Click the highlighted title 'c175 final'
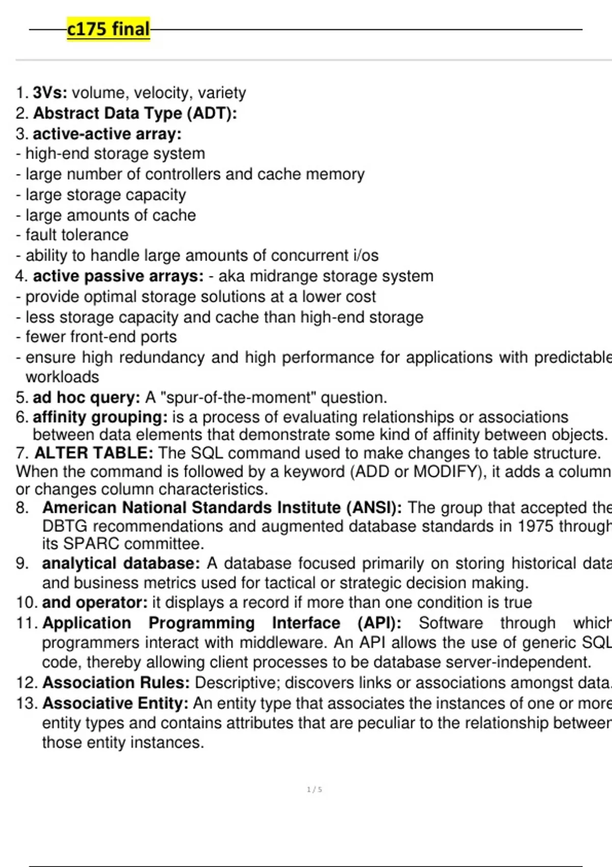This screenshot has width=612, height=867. (108, 29)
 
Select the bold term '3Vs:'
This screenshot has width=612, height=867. (50, 93)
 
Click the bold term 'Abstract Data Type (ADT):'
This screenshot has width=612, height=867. (135, 113)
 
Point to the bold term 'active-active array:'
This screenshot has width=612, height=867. (107, 134)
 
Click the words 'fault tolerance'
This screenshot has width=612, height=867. (77, 235)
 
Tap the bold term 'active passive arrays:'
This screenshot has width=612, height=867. (118, 276)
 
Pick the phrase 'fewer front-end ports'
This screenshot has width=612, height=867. (101, 337)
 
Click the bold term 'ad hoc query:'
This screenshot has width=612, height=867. (86, 397)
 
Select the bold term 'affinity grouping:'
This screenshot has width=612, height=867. (100, 417)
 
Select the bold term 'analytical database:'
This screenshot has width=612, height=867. (121, 564)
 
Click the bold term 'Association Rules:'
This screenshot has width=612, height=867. (116, 682)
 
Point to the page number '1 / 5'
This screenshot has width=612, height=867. (314, 789)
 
